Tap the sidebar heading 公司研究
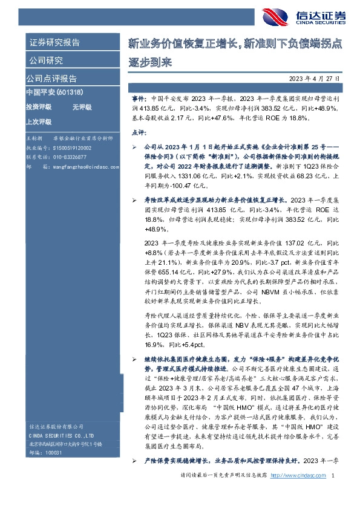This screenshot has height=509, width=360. coord(46,60)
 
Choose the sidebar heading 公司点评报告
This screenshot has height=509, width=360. coord(51,79)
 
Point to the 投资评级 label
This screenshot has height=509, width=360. coord(38,107)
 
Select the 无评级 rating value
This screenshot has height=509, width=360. coord(82,107)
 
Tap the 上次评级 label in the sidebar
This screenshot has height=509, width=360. coord(38,121)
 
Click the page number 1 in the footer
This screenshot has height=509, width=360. coord(333,493)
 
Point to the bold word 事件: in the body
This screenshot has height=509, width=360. coord(139,97)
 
